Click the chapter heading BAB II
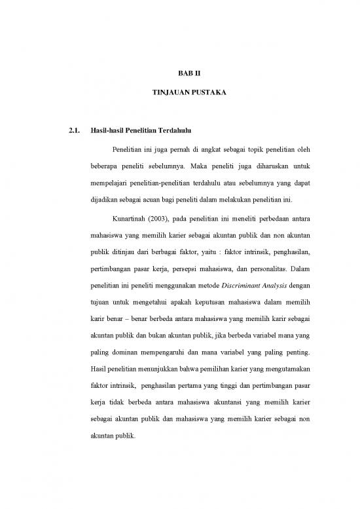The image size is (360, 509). tap(180, 75)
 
